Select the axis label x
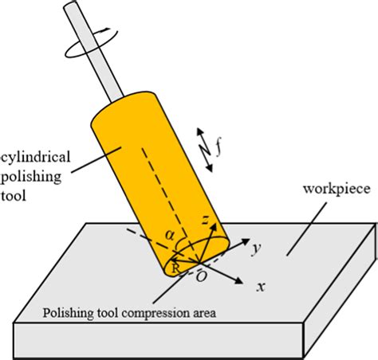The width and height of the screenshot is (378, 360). click(261, 285)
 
